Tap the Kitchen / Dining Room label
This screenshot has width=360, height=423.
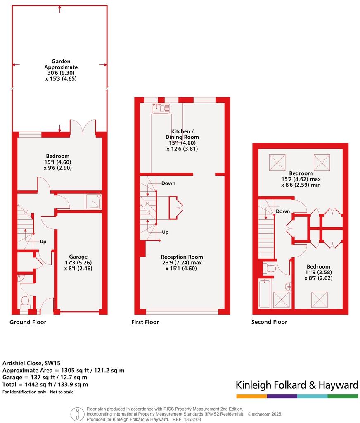(182, 137)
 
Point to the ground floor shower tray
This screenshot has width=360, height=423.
(93, 202)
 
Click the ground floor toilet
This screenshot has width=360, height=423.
(24, 301)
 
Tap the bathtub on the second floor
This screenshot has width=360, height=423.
(265, 293)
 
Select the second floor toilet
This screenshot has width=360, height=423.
(270, 269)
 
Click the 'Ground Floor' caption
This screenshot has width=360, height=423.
(28, 322)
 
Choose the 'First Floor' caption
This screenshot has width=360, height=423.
(145, 322)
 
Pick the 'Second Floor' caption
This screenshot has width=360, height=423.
(269, 322)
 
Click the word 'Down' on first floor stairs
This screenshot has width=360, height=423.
(168, 183)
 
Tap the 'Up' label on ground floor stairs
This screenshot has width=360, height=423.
(43, 242)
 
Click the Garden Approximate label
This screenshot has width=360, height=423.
(61, 67)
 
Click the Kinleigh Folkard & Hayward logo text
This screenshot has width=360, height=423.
(297, 385)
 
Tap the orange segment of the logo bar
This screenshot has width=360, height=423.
(251, 397)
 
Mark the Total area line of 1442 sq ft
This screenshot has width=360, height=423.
(45, 384)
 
